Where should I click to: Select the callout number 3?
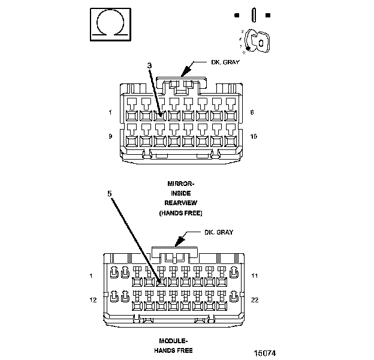click(x=149, y=65)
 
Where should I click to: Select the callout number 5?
click(x=110, y=194)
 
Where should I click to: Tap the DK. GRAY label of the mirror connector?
click(x=225, y=62)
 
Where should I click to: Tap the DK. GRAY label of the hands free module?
click(x=218, y=232)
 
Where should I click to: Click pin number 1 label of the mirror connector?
click(x=110, y=112)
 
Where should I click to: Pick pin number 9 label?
click(x=110, y=136)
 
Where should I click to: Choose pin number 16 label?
click(x=254, y=136)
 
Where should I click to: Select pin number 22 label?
click(x=255, y=299)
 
